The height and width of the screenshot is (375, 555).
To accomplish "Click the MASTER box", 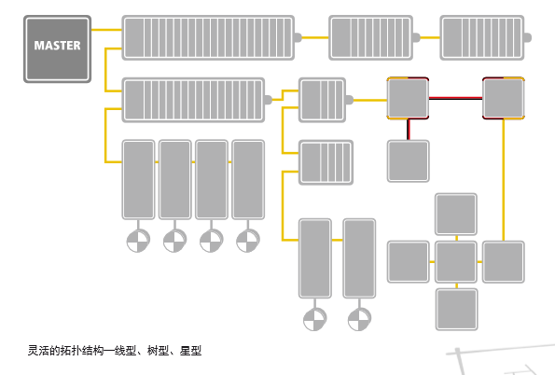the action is (57, 49).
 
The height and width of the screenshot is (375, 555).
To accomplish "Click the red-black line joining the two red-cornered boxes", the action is (455, 98).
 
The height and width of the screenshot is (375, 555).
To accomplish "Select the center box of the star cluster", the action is (456, 262).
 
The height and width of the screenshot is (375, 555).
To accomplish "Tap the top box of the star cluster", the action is (456, 215).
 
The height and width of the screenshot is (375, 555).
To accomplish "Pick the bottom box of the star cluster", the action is (457, 310).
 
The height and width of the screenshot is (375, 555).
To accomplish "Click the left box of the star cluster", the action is (409, 262).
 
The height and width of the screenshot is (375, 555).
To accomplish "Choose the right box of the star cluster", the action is (504, 262).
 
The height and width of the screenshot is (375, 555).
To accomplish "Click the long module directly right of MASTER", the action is (208, 37).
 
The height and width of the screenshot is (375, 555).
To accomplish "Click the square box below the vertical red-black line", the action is (409, 161).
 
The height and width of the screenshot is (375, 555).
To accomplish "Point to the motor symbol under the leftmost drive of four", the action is (138, 241).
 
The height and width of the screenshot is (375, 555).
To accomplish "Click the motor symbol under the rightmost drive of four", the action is (248, 241).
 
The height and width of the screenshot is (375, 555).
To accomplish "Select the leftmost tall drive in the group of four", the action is (138, 179).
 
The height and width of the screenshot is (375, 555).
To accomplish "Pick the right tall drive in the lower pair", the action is (359, 258).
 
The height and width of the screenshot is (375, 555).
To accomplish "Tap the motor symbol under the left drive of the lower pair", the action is (315, 319).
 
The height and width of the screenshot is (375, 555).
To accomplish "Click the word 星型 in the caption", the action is (190, 351).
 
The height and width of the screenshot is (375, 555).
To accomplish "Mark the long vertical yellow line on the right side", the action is (504, 180).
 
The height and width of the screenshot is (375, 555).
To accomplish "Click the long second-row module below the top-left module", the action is (193, 100).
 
